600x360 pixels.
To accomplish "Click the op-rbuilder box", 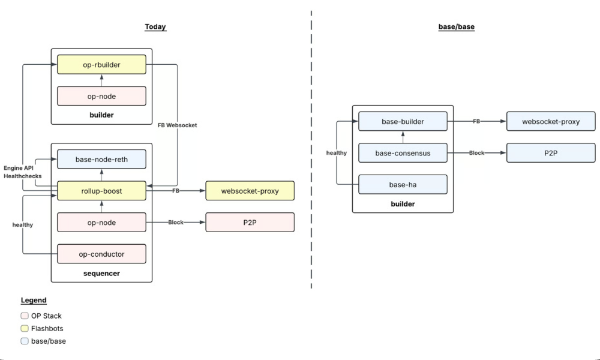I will [101, 65].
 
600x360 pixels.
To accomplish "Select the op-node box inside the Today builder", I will [101, 96].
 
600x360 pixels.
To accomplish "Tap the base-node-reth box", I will [101, 160].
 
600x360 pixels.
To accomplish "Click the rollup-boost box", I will [101, 191].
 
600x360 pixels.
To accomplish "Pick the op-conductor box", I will [101, 254].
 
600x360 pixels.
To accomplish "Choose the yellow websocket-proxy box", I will [250, 191].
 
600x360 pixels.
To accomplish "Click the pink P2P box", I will [250, 222].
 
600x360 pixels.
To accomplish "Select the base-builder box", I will [403, 122].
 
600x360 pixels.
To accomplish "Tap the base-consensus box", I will [403, 153].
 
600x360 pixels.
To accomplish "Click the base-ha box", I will [403, 185].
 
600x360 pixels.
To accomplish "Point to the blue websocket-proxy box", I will [551, 121].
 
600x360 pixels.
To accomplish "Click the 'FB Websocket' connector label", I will [177, 125].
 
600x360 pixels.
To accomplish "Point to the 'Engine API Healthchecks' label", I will [19, 172].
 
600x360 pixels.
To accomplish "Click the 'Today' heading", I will [155, 27].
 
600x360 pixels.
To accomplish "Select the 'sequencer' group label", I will [101, 274].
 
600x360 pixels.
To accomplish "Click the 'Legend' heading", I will [34, 300].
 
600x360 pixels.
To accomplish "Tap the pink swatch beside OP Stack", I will [24, 316].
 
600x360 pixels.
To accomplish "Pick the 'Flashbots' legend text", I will [47, 329].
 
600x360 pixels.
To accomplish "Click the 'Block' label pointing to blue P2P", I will [476, 153].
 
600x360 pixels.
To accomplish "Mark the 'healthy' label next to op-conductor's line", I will [23, 225].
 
